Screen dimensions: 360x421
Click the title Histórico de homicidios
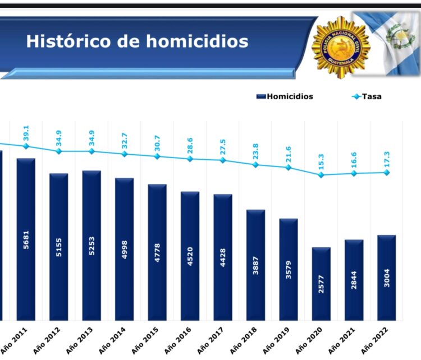click(137, 41)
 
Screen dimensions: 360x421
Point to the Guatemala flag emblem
click(399, 36)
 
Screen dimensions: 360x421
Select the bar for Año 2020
click(321, 284)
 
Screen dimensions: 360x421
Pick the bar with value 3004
click(386, 278)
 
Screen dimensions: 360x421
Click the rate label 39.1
click(26, 133)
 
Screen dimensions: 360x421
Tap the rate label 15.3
click(321, 161)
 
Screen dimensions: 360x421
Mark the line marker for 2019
click(289, 167)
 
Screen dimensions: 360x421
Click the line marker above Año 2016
click(190, 159)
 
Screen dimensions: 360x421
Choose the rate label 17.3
click(386, 159)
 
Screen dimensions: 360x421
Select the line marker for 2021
click(354, 173)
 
